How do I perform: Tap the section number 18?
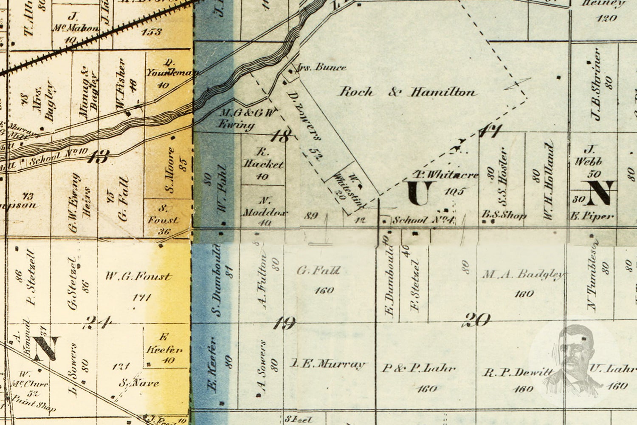[x=282, y=136]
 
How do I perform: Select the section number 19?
[x=284, y=324]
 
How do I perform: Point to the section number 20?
[x=477, y=320]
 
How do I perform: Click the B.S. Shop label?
[x=504, y=215]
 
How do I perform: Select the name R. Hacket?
[x=263, y=159]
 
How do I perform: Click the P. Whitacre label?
[x=446, y=175]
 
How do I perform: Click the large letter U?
[x=421, y=193]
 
